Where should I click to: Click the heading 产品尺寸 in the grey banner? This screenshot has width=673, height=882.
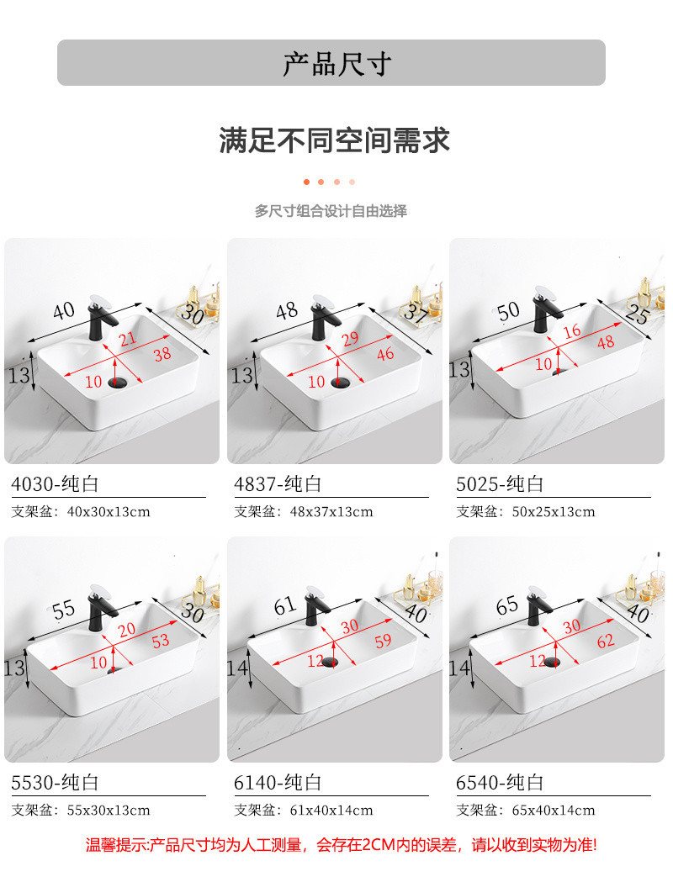click(x=336, y=64)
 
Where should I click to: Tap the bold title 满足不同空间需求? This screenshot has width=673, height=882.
click(x=335, y=140)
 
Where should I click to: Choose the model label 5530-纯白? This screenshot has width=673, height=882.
click(x=56, y=783)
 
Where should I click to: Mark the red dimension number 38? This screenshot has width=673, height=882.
click(x=162, y=354)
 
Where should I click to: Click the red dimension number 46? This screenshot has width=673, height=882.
click(x=385, y=354)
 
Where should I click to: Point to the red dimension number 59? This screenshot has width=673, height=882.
click(x=383, y=641)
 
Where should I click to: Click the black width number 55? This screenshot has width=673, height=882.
click(x=64, y=610)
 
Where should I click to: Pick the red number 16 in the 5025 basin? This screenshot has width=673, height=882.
click(x=572, y=330)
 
